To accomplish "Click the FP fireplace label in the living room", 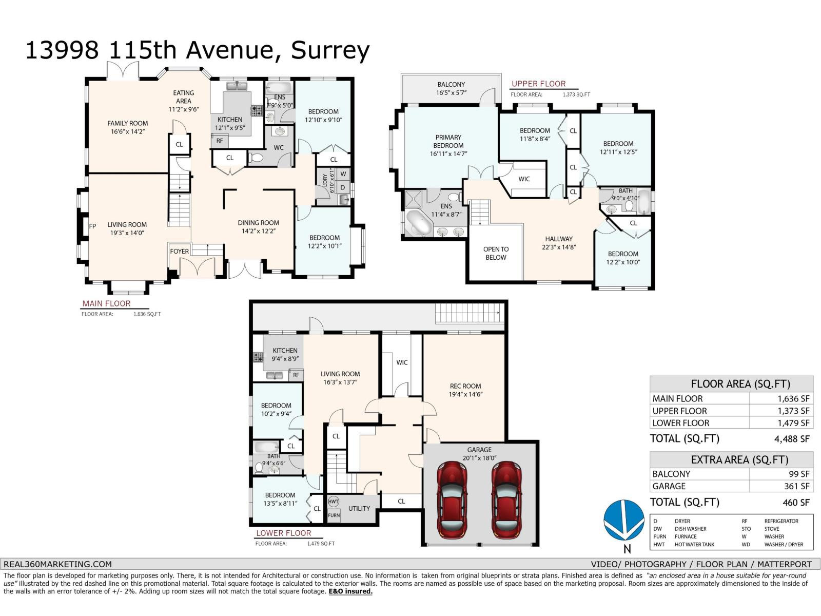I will click(93, 226).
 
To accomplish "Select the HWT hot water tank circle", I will click(334, 501).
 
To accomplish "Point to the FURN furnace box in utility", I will click(334, 515).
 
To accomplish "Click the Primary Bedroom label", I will click(448, 145).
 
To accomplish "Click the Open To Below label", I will click(496, 253).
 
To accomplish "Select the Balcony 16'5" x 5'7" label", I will click(451, 89).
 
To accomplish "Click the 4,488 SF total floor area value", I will click(792, 439).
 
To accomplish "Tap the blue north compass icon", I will click(623, 519).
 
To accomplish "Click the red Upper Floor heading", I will click(538, 84).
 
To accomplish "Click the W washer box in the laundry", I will click(343, 174).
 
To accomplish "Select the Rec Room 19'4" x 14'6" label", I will click(465, 390).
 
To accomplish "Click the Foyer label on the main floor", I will click(180, 251).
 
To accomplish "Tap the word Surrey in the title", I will click(330, 50).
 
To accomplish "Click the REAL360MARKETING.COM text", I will click(57, 564).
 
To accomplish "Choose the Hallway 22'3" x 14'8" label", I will click(559, 242).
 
